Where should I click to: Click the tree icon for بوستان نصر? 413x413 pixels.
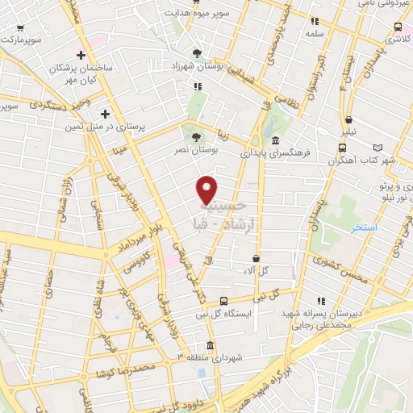pos(196,137)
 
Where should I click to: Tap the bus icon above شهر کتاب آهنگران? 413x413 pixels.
pos(343,148)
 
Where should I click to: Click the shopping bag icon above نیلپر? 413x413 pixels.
pos(348,118)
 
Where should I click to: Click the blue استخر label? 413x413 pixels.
pos(366,228)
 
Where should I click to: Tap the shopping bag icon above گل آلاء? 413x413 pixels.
pos(255,258)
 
